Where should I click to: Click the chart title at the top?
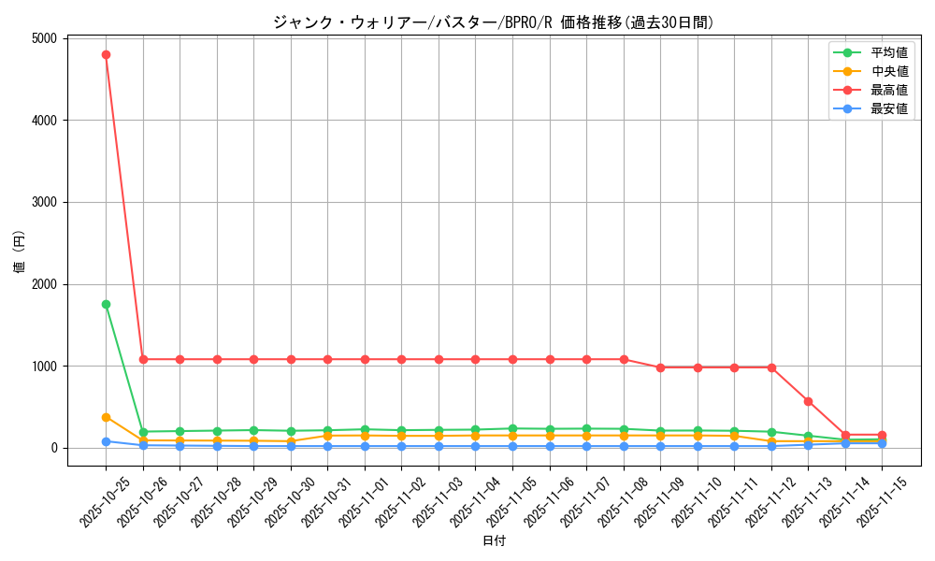[493, 22]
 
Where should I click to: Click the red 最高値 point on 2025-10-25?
[106, 54]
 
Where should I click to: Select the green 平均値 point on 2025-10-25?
[106, 304]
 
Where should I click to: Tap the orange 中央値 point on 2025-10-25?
[106, 417]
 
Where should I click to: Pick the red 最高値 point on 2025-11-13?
[808, 401]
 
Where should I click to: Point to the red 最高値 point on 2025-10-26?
[143, 359]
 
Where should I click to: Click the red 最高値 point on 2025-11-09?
[660, 367]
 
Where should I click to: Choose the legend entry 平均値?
[888, 53]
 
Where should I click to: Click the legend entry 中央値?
[888, 71]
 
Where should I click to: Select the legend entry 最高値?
[888, 90]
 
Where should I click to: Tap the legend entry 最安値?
[888, 108]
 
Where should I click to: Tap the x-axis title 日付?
[494, 541]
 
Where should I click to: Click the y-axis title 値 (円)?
[20, 252]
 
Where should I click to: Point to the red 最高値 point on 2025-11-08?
[624, 359]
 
